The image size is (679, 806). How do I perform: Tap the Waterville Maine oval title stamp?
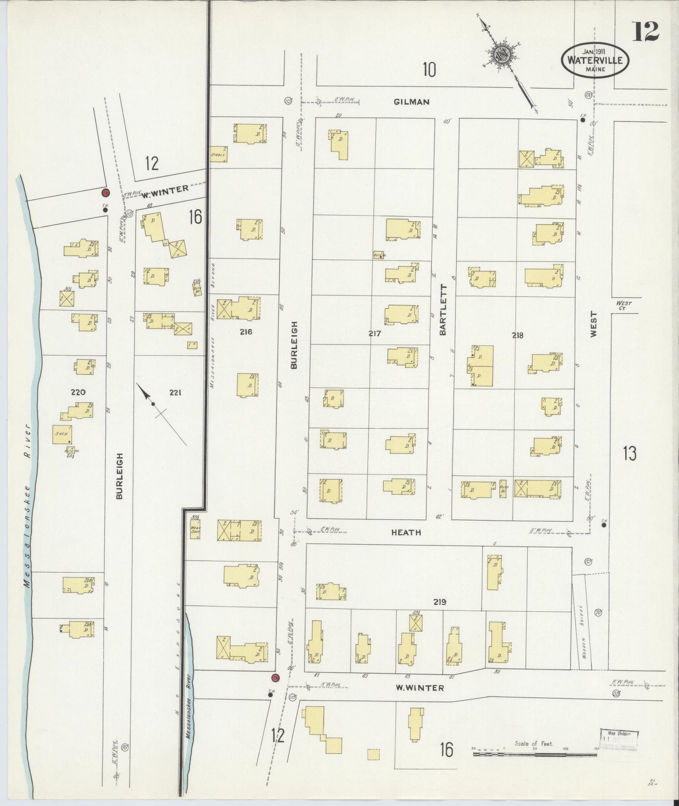coord(594,60)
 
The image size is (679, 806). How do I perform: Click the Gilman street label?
coord(412,102)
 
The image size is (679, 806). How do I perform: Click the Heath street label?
coord(406,532)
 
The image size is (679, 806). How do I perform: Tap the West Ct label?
coord(624,306)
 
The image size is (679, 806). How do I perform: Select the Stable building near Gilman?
coord(218,154)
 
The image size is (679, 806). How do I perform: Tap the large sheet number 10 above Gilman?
coord(429,70)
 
